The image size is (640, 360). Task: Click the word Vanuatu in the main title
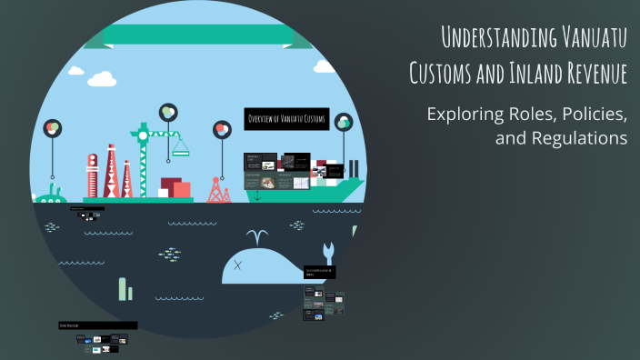pos(585,38)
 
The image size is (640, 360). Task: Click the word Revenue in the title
pos(588,73)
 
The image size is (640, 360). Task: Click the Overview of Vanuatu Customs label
pos(287,119)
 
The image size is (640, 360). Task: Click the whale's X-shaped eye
pos(238,265)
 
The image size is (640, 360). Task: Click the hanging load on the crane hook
pos(180,145)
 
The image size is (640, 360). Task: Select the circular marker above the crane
pos(167,112)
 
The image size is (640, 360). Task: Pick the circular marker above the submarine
pos(53,128)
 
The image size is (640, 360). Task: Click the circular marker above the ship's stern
pos(343,122)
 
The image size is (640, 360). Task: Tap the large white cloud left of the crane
pos(101,79)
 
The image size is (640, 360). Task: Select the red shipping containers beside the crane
pos(175,188)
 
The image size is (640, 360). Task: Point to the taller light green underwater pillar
pos(122,288)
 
